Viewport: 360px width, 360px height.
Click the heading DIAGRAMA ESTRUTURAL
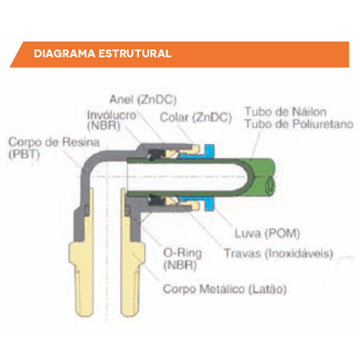(x=102, y=53)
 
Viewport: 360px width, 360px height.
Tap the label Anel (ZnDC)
(x=143, y=99)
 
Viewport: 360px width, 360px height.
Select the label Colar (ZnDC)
(x=196, y=117)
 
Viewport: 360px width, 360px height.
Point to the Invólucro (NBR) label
(x=112, y=120)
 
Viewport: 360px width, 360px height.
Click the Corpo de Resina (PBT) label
(x=54, y=148)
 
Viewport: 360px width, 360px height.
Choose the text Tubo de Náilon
(x=286, y=112)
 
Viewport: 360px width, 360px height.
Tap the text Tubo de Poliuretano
(x=299, y=124)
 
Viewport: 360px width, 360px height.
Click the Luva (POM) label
(x=267, y=233)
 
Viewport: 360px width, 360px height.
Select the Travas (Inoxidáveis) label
(x=279, y=253)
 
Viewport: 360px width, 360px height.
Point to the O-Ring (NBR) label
(x=182, y=259)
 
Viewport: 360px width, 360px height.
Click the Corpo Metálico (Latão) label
(x=225, y=289)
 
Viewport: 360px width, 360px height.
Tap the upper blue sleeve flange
(x=210, y=150)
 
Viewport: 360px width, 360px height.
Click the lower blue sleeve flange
(x=210, y=204)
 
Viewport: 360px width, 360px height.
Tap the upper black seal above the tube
(x=156, y=154)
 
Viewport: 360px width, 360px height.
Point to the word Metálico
(x=222, y=289)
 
